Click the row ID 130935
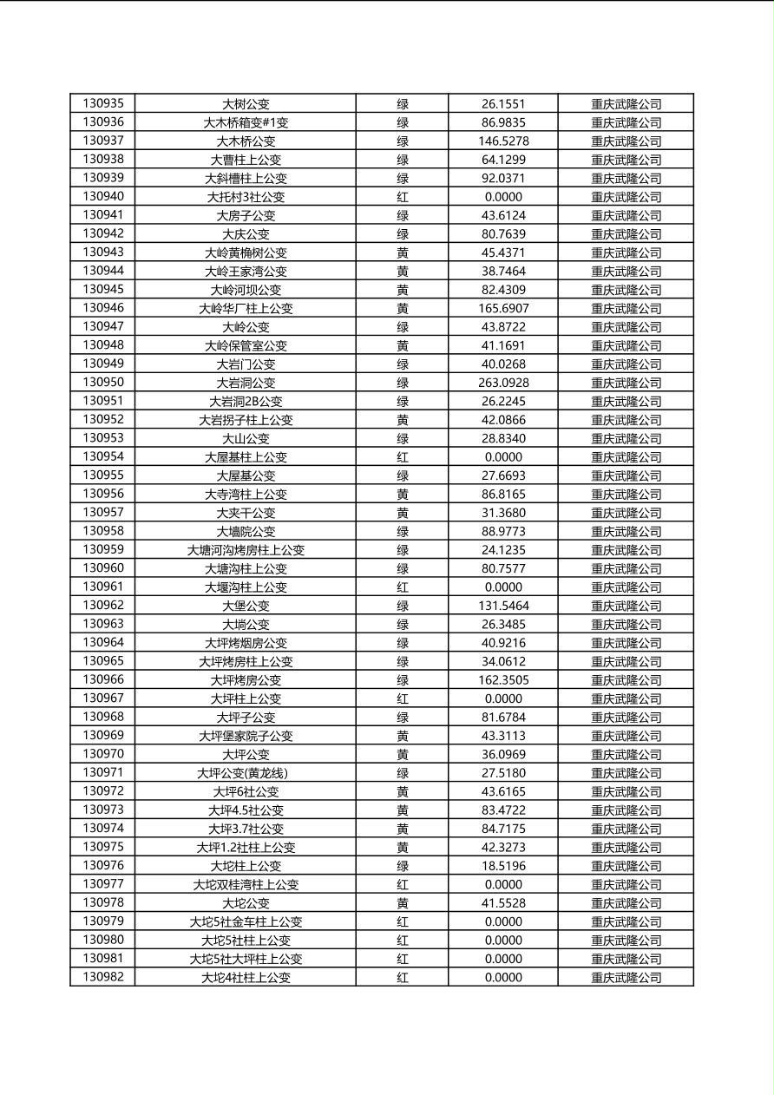tap(103, 103)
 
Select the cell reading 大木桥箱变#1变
tap(246, 122)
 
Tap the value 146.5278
tap(503, 141)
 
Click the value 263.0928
tap(503, 383)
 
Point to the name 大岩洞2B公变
tap(246, 401)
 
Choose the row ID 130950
tap(103, 382)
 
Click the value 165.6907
tap(503, 308)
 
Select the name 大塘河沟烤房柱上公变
tap(246, 550)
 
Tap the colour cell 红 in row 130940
tap(403, 197)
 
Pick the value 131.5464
tap(503, 606)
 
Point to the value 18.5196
tap(503, 866)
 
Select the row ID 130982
tap(103, 977)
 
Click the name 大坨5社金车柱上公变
tap(246, 921)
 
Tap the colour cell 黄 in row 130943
tap(403, 252)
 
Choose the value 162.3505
tap(503, 680)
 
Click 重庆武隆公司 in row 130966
tap(626, 680)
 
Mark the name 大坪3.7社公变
tap(246, 829)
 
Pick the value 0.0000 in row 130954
tap(503, 457)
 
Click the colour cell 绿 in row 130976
tap(403, 866)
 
